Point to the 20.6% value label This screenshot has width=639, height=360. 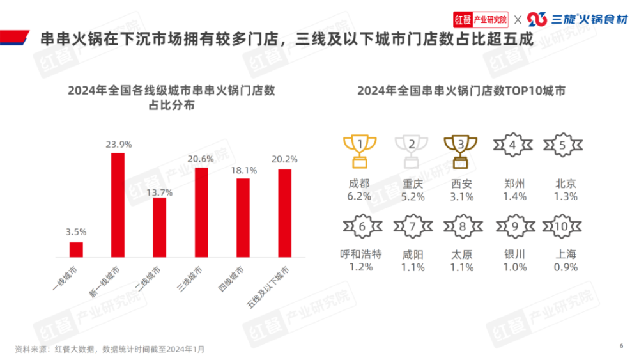201,159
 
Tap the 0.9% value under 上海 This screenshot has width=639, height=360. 565,267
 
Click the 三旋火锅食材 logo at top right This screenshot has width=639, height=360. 575,19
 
